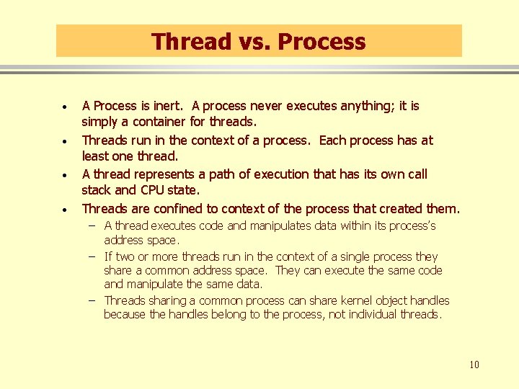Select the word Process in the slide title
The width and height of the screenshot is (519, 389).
click(321, 42)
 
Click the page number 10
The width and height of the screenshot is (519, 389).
click(474, 365)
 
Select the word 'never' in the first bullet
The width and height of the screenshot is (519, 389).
click(267, 106)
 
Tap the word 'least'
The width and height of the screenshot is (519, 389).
click(96, 156)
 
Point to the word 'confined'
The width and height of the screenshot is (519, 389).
click(172, 209)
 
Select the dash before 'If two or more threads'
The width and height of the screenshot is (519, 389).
click(93, 256)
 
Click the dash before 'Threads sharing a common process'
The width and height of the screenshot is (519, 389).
click(93, 300)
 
